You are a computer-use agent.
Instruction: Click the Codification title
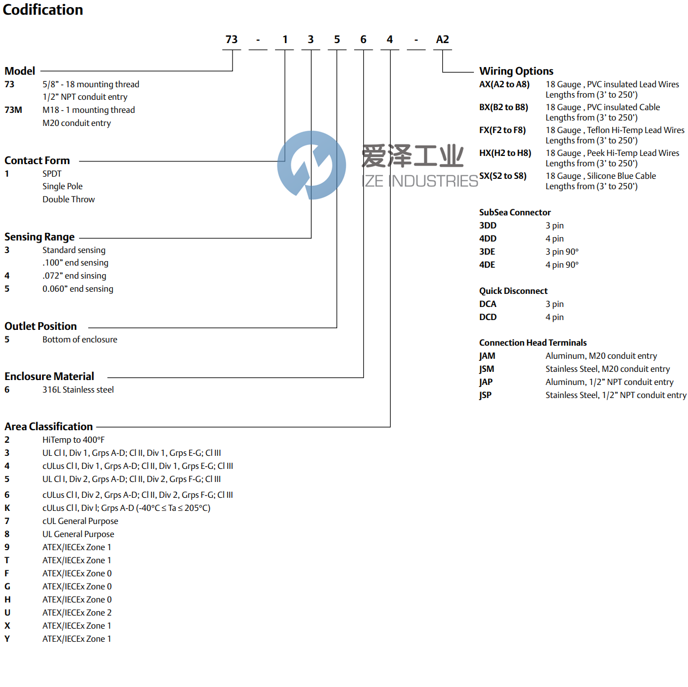pos(43,10)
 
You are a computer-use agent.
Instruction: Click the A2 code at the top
pos(442,39)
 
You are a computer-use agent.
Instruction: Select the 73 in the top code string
pos(232,39)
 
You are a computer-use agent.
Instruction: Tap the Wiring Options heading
pos(516,71)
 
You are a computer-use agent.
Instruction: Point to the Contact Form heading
pos(37,160)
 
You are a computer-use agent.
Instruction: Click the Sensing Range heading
pos(39,237)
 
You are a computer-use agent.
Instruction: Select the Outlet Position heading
pos(40,326)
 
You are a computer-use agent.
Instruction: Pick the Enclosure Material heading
pos(49,376)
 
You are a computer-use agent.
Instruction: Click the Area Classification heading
pos(48,426)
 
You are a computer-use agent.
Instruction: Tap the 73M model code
pos(13,110)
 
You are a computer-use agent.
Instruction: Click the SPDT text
pos(52,173)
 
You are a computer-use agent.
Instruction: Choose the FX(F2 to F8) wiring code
pos(502,130)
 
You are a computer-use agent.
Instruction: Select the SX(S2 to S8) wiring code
pos(503,176)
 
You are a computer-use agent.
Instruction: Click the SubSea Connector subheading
pos(515,213)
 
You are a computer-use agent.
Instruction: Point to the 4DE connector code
pos(487,265)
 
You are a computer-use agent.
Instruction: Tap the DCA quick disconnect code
pos(488,304)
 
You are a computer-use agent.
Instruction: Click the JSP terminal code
pos(485,395)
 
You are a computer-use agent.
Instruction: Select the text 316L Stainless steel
pos(78,390)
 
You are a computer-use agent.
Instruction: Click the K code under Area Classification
pos(7,508)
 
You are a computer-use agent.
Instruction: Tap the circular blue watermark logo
pos(312,165)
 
